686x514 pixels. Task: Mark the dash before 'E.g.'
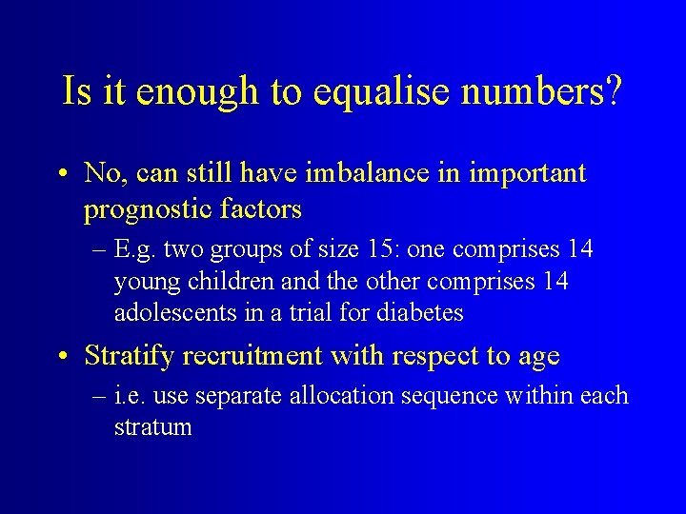pyautogui.click(x=97, y=250)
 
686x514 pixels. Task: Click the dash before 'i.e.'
pyautogui.click(x=97, y=395)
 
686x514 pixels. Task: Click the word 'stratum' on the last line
pyautogui.click(x=152, y=427)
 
